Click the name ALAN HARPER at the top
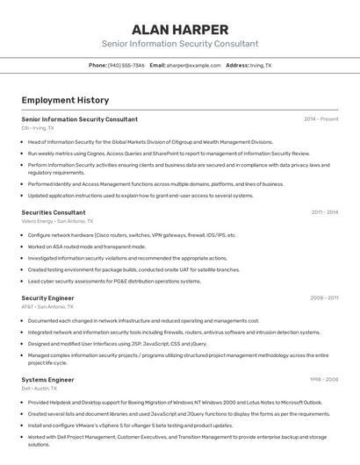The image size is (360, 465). pos(179,30)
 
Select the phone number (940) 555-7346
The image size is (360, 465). pos(127,65)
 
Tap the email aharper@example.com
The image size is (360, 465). pos(193,65)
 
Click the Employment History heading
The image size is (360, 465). pos(65,100)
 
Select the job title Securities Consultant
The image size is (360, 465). pos(54,212)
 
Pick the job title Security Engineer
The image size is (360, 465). pos(48,298)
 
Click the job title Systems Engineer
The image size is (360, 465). pos(47,380)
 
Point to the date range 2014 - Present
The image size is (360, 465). pos(320,119)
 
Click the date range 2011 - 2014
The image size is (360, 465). pos(324,212)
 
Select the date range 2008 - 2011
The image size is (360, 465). pos(324,298)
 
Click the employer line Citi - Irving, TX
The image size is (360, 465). pos(37,128)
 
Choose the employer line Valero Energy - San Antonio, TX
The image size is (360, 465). pos(57,221)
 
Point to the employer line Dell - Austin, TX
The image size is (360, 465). pos(40,389)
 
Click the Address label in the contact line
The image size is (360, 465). pos(237,65)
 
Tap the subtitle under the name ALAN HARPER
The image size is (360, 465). pos(179,44)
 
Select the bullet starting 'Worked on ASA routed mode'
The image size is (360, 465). pos(86,247)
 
